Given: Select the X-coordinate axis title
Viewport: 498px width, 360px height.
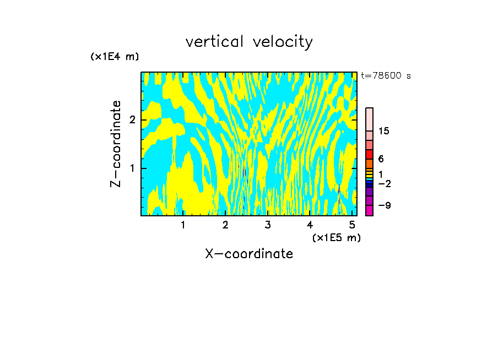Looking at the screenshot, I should coord(249,254).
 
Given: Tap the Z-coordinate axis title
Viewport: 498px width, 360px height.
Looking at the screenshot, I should coord(116,144).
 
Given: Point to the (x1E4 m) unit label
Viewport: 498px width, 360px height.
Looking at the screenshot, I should coord(115,57).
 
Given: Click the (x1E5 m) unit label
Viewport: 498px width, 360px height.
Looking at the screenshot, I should coord(336,237).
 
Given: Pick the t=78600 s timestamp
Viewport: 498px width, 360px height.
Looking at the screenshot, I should coord(386,76).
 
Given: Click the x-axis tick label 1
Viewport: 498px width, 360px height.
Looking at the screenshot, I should coord(183,225).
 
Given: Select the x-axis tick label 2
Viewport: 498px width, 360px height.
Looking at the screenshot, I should coord(225,225).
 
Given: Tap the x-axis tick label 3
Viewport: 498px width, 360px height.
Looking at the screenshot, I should coord(268,225).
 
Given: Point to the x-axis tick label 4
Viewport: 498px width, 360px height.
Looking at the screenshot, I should coord(310,225).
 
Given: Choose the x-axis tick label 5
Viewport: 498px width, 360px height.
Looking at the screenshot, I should coord(352,225).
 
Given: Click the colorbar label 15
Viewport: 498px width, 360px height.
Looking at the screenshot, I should coord(384,131).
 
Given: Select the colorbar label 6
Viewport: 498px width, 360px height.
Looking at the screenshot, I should coord(381,159).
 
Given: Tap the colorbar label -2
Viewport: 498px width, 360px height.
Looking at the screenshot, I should coord(384,183).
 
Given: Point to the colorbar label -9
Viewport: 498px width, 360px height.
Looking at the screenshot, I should coord(384,205).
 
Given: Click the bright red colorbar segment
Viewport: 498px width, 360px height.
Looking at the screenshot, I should coord(369,154).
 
